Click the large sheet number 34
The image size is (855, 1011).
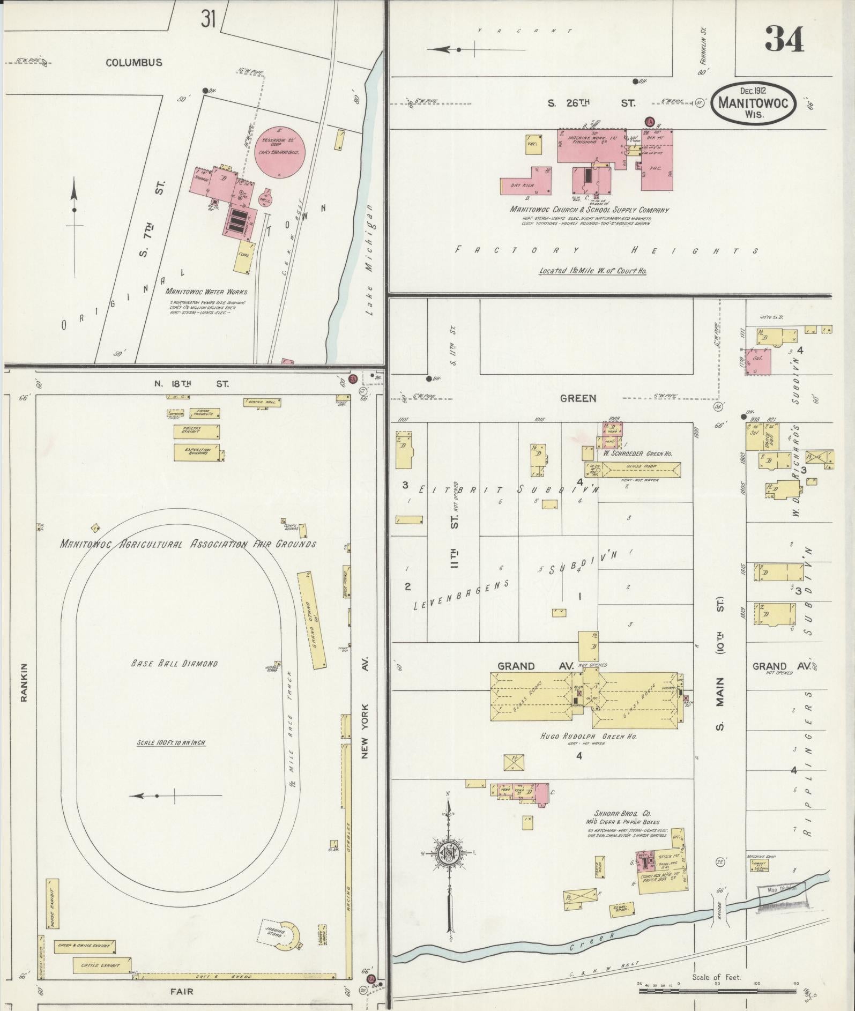(x=784, y=39)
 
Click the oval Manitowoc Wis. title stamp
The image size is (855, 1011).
(x=754, y=103)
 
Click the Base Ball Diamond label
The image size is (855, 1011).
(x=175, y=664)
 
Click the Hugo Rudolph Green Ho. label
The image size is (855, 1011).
(x=589, y=737)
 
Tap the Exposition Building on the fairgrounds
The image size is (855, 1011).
(x=196, y=451)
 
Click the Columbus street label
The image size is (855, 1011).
(x=133, y=63)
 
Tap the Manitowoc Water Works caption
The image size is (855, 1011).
(x=206, y=292)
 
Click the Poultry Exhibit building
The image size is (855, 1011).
(x=196, y=432)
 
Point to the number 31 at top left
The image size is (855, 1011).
(x=209, y=19)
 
